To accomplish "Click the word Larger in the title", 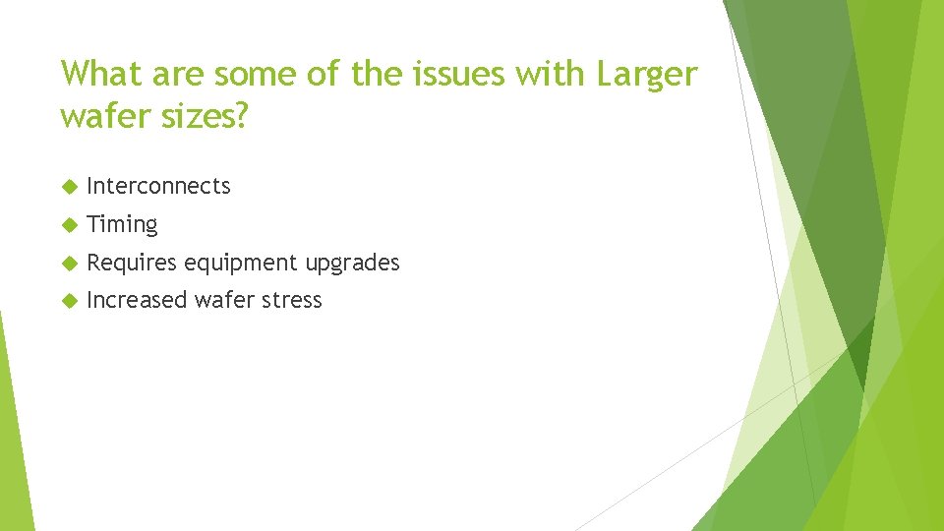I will tap(645, 74).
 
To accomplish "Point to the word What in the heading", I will tap(97, 74).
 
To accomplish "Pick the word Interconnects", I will tap(158, 186).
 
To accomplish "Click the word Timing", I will tap(122, 225).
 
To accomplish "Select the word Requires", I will tap(132, 263).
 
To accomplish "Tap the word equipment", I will tap(243, 264).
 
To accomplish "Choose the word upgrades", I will tap(352, 264).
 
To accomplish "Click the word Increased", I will tap(137, 300).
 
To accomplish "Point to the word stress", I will tap(292, 300).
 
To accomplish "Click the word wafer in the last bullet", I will tap(223, 300).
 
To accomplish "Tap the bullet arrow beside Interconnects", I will tap(68, 186).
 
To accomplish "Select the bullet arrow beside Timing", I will tap(68, 224).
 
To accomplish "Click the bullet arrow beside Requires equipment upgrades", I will tap(68, 263).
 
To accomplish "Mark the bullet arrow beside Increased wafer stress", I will tap(68, 300).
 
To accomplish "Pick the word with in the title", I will tap(554, 74).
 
